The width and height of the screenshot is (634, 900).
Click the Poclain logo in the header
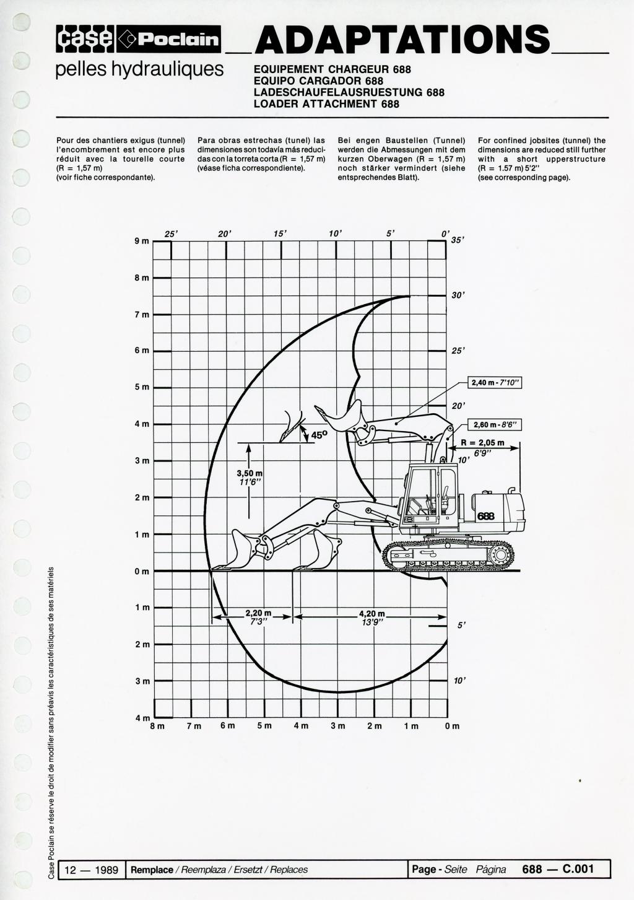pyautogui.click(x=168, y=39)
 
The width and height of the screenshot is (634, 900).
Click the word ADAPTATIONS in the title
pyautogui.click(x=402, y=39)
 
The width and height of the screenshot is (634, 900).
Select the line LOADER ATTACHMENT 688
pyautogui.click(x=326, y=104)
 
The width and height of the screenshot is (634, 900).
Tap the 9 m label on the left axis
pyautogui.click(x=142, y=241)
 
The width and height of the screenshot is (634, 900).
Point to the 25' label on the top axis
pyautogui.click(x=171, y=234)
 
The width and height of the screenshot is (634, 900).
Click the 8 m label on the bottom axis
pyautogui.click(x=157, y=726)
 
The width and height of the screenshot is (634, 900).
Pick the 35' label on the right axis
pyautogui.click(x=458, y=240)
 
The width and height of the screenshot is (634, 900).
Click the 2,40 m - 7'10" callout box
pyautogui.click(x=495, y=383)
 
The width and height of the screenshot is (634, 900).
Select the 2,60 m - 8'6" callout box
pyautogui.click(x=495, y=425)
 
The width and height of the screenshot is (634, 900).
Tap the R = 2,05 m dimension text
pyautogui.click(x=482, y=443)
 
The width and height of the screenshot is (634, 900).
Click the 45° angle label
pyautogui.click(x=319, y=434)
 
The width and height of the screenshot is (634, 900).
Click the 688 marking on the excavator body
pyautogui.click(x=486, y=516)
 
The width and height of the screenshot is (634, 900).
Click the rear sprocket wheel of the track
pyautogui.click(x=501, y=555)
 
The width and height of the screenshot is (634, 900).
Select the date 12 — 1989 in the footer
pyautogui.click(x=92, y=870)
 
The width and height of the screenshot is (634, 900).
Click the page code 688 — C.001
pyautogui.click(x=558, y=869)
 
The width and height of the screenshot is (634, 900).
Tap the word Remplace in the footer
pyautogui.click(x=152, y=870)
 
